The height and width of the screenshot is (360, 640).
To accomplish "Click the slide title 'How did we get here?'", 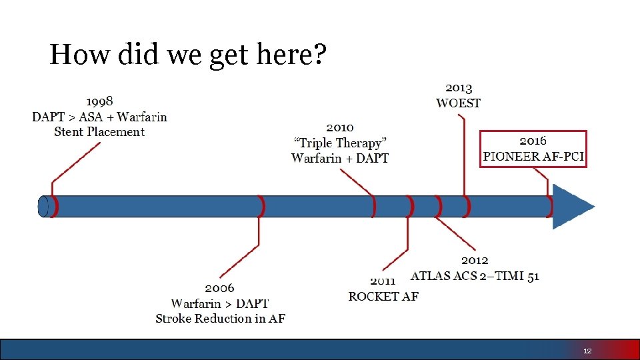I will tap(188, 55).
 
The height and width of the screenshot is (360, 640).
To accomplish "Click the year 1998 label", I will tap(99, 101).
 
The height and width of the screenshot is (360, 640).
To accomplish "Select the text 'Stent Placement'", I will tap(99, 132).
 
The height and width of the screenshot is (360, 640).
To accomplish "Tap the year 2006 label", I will tap(219, 288).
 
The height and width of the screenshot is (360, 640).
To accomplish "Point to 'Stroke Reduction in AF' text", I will tap(220, 319).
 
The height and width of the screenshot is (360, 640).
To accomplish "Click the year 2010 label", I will tap(340, 127).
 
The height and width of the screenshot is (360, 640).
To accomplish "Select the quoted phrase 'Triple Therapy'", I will tap(340, 143).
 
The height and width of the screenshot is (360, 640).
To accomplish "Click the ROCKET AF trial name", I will tap(383, 296).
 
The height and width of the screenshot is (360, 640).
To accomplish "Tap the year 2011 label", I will tap(383, 281).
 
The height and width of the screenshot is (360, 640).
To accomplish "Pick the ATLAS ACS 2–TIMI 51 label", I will tap(475, 275).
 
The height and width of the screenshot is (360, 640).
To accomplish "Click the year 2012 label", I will tap(475, 260).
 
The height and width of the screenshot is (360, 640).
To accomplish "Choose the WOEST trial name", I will tap(458, 103).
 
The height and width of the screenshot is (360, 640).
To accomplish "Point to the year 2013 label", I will tap(459, 88).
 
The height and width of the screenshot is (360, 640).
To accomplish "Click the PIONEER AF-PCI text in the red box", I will tap(533, 157).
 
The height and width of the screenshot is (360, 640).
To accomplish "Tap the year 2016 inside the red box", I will tap(533, 141).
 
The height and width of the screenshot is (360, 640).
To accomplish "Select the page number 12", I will tap(587, 351).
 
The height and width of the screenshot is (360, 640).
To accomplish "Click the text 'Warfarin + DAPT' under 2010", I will tap(340, 158).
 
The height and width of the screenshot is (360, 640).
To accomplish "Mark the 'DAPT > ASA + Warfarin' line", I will tap(99, 117).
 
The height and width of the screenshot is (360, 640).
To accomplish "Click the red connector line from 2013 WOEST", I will tap(462, 153).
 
